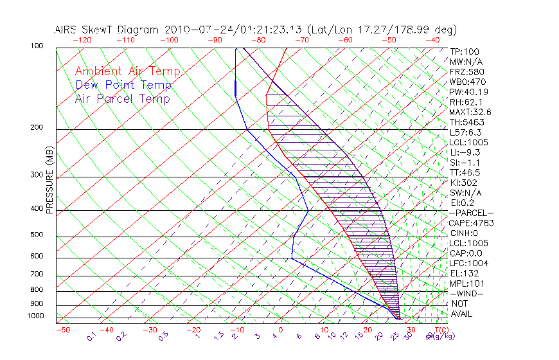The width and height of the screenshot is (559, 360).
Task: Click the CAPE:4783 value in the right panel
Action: click(x=470, y=223)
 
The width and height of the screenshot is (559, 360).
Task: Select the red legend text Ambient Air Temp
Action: click(x=127, y=71)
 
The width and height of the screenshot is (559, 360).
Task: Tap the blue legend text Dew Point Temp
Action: click(x=123, y=85)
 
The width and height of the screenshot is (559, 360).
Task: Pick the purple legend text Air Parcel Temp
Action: click(x=122, y=98)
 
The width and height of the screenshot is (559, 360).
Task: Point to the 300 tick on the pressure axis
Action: click(x=37, y=175)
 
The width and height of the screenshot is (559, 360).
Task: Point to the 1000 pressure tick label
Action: click(x=35, y=316)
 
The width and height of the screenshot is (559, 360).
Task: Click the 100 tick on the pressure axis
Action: click(x=37, y=46)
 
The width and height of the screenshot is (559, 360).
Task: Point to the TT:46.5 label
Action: click(x=465, y=172)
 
